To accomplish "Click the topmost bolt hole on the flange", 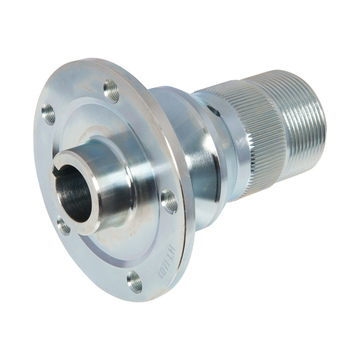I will click(111, 90).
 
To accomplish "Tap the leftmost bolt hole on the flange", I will click(48, 115).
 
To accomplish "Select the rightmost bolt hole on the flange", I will click(169, 201).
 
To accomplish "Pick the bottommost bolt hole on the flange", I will click(135, 282).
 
